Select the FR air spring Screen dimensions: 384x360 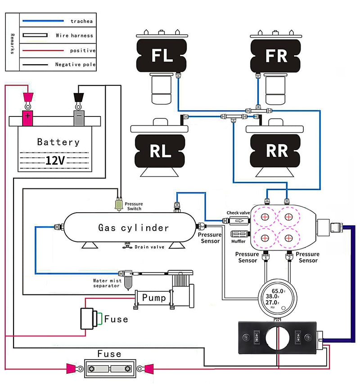click(276, 56)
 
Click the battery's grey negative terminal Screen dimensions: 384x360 click(79, 117)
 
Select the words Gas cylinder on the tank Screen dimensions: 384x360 click(134, 228)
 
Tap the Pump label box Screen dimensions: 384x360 click(153, 297)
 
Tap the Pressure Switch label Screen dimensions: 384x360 click(134, 206)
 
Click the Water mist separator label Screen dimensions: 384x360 click(107, 283)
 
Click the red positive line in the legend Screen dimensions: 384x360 click(43, 50)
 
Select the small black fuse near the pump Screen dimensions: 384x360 click(89, 318)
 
